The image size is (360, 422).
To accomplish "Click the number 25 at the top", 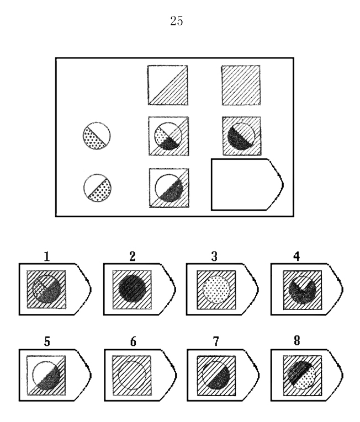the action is click(177, 21).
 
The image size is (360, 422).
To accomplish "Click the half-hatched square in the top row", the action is click(168, 85).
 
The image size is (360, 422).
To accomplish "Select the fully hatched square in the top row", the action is click(241, 85).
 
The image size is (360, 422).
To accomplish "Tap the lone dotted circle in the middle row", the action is click(97, 136).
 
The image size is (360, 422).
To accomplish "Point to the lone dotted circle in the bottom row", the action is click(97, 188).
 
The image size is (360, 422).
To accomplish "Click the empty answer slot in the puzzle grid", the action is click(247, 184).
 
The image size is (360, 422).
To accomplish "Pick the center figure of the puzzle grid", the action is click(168, 136).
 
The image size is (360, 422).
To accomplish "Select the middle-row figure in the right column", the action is click(241, 136).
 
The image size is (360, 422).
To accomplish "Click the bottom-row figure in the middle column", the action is click(169, 188).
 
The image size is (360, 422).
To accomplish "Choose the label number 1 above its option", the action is click(47, 257).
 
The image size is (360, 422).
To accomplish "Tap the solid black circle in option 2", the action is click(133, 289).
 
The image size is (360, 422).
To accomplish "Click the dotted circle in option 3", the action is click(216, 290).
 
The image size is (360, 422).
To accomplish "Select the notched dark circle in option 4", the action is click(302, 290).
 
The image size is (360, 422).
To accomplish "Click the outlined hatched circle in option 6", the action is click(133, 375).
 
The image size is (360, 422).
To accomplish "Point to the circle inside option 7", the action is click(216, 376).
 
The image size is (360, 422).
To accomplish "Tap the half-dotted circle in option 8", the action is click(301, 375).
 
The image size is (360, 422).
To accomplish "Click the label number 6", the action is click(133, 341).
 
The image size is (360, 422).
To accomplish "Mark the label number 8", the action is click(297, 340).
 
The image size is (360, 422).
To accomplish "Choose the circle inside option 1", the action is click(46, 289).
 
